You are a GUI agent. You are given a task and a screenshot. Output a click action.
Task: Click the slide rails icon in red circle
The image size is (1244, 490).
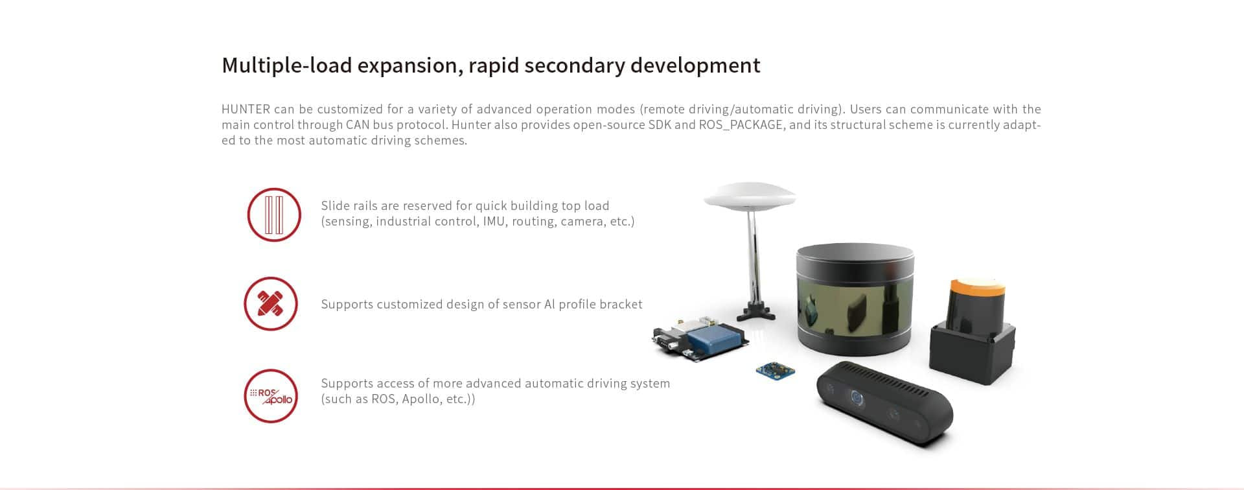[x=274, y=215]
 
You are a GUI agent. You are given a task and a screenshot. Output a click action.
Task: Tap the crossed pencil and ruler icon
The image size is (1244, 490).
[x=271, y=303]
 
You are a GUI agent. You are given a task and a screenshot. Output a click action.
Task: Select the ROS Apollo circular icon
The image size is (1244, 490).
[x=271, y=396]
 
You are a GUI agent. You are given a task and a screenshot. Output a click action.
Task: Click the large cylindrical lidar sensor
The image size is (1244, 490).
[x=855, y=300]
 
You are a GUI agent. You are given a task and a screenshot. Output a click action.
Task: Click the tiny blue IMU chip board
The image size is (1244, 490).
[x=776, y=371]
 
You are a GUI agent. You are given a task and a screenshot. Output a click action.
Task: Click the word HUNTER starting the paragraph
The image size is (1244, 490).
[x=246, y=109]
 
